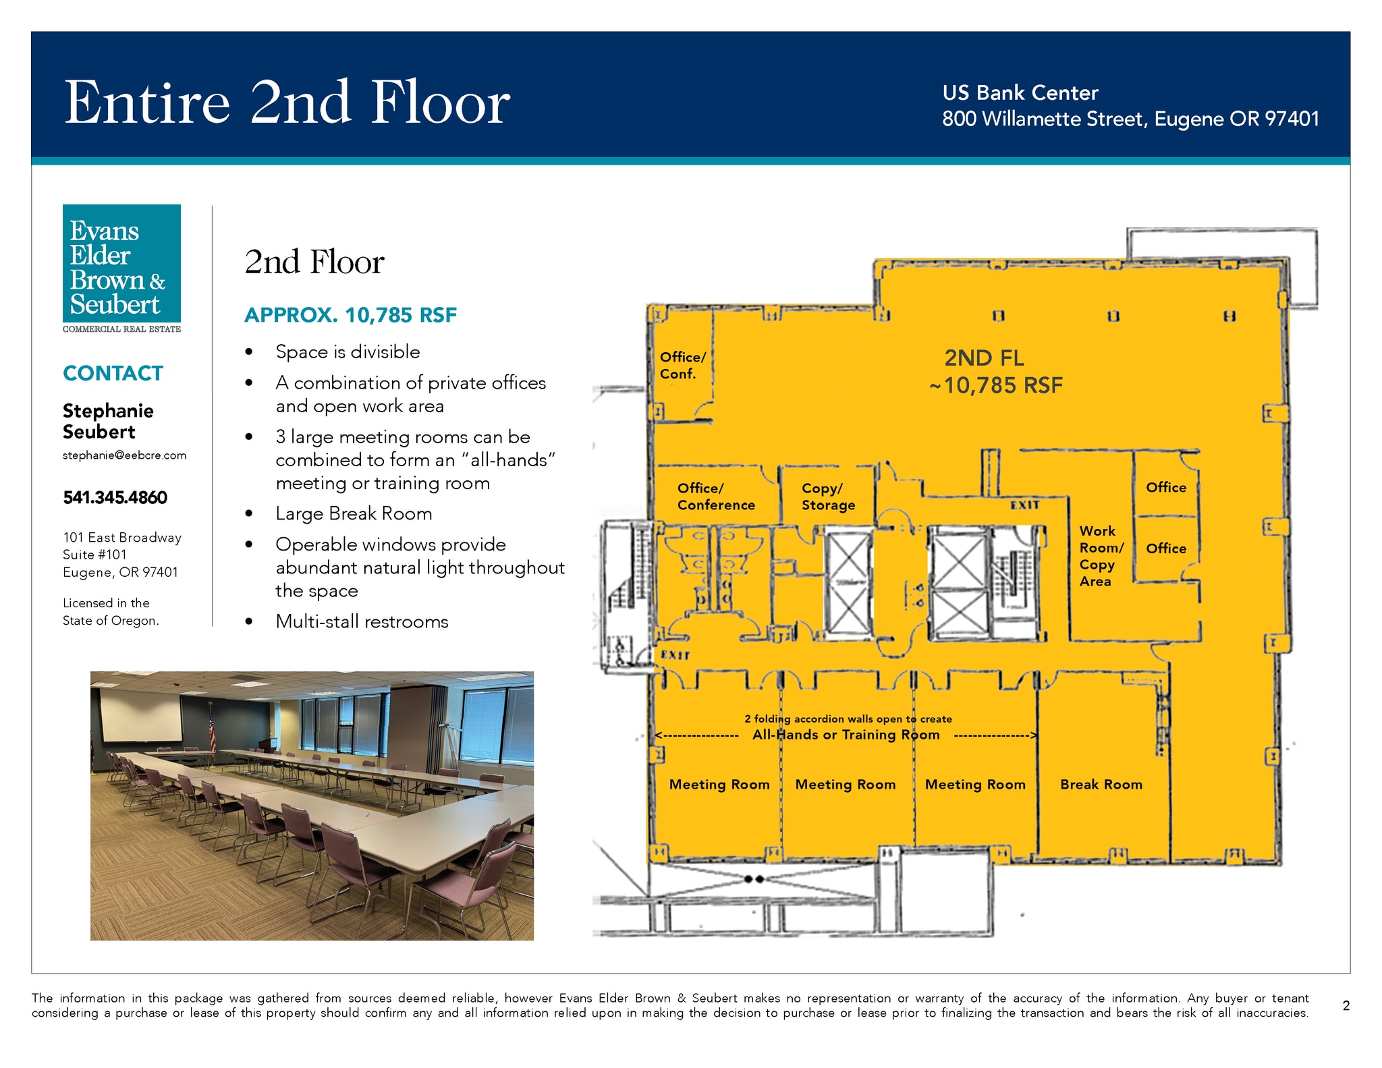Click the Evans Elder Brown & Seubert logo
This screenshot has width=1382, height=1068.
click(121, 269)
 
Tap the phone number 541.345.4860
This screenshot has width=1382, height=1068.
click(115, 497)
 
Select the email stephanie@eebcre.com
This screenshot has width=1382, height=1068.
click(124, 455)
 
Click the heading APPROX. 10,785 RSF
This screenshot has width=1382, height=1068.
click(350, 315)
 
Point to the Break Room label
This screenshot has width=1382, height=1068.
click(1101, 784)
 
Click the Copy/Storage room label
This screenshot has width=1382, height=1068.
click(828, 497)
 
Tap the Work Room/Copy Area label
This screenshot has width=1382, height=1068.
click(1101, 556)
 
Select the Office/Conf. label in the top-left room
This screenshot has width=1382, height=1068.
click(682, 365)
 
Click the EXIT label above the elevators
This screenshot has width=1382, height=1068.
click(1024, 505)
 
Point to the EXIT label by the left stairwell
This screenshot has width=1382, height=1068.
click(675, 654)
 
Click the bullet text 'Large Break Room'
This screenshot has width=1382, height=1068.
click(354, 513)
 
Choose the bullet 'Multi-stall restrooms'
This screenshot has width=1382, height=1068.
click(362, 621)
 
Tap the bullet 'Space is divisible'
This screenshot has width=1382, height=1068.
click(348, 352)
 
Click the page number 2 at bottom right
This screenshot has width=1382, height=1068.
click(1346, 1006)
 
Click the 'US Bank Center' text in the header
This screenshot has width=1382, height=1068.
click(1020, 92)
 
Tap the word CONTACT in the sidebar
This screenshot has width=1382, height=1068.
click(113, 373)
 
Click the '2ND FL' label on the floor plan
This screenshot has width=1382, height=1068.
click(984, 358)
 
